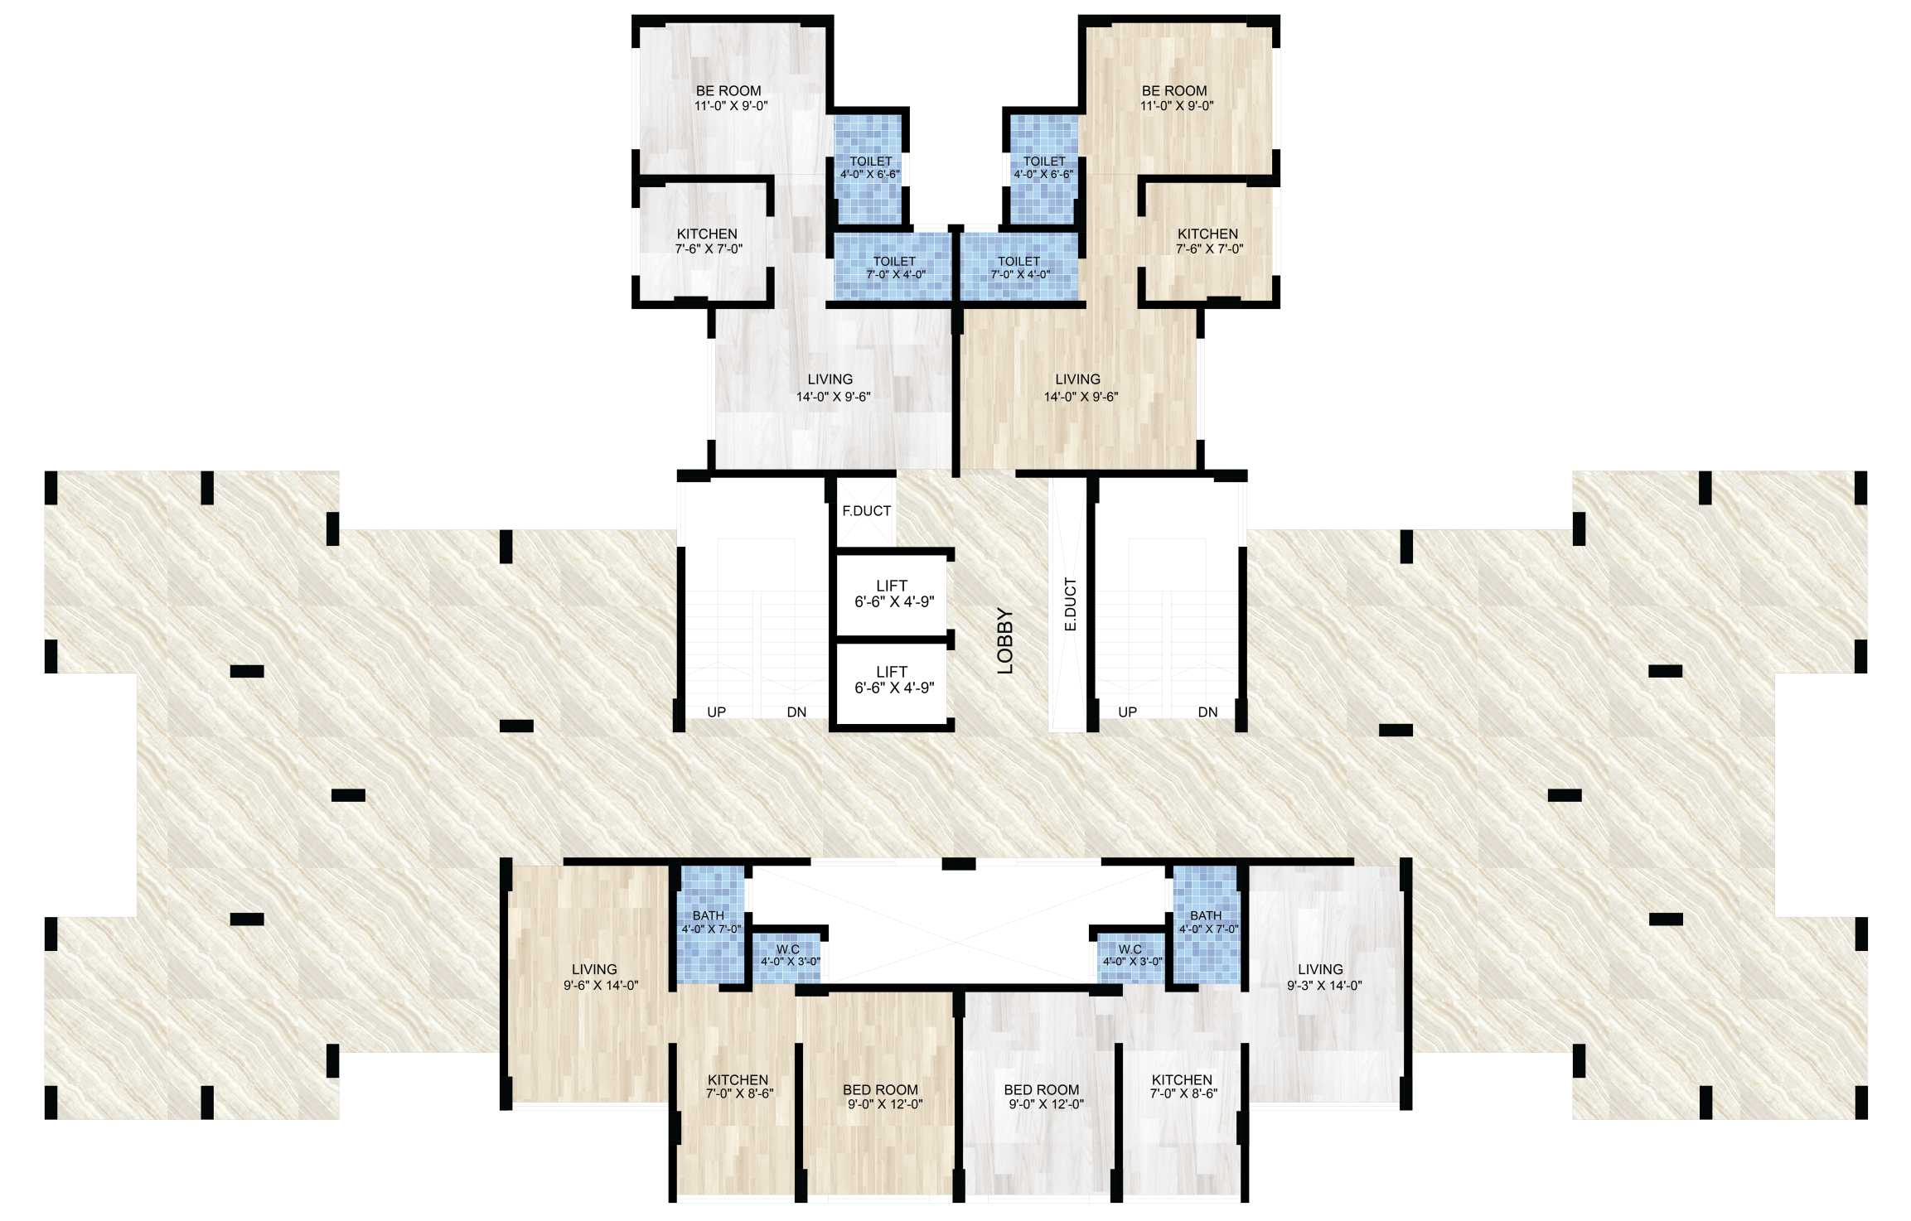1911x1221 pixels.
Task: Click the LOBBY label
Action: click(1005, 640)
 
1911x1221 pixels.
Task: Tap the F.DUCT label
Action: click(866, 511)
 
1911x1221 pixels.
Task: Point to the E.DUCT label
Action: click(1070, 605)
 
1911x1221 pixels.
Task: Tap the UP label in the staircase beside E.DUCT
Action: click(1127, 712)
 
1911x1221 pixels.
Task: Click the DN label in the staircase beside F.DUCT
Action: click(796, 712)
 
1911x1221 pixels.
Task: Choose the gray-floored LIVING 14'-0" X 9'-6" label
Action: click(832, 388)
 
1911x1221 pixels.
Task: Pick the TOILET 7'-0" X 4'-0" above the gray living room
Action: click(895, 268)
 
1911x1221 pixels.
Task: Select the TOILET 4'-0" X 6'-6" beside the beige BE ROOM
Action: click(1044, 167)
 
